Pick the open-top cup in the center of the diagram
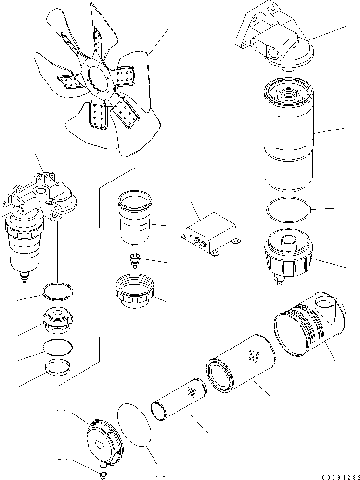[134, 217]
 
